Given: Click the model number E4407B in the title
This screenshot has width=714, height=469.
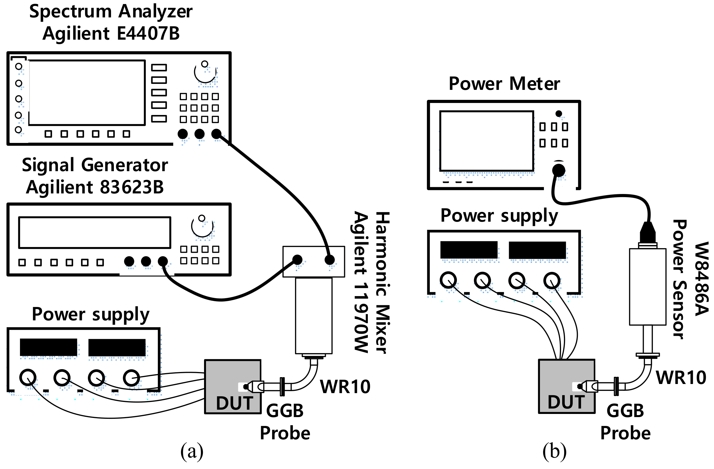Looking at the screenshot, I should coord(148,33).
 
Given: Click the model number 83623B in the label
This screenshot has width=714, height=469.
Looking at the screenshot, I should coord(132,188).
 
